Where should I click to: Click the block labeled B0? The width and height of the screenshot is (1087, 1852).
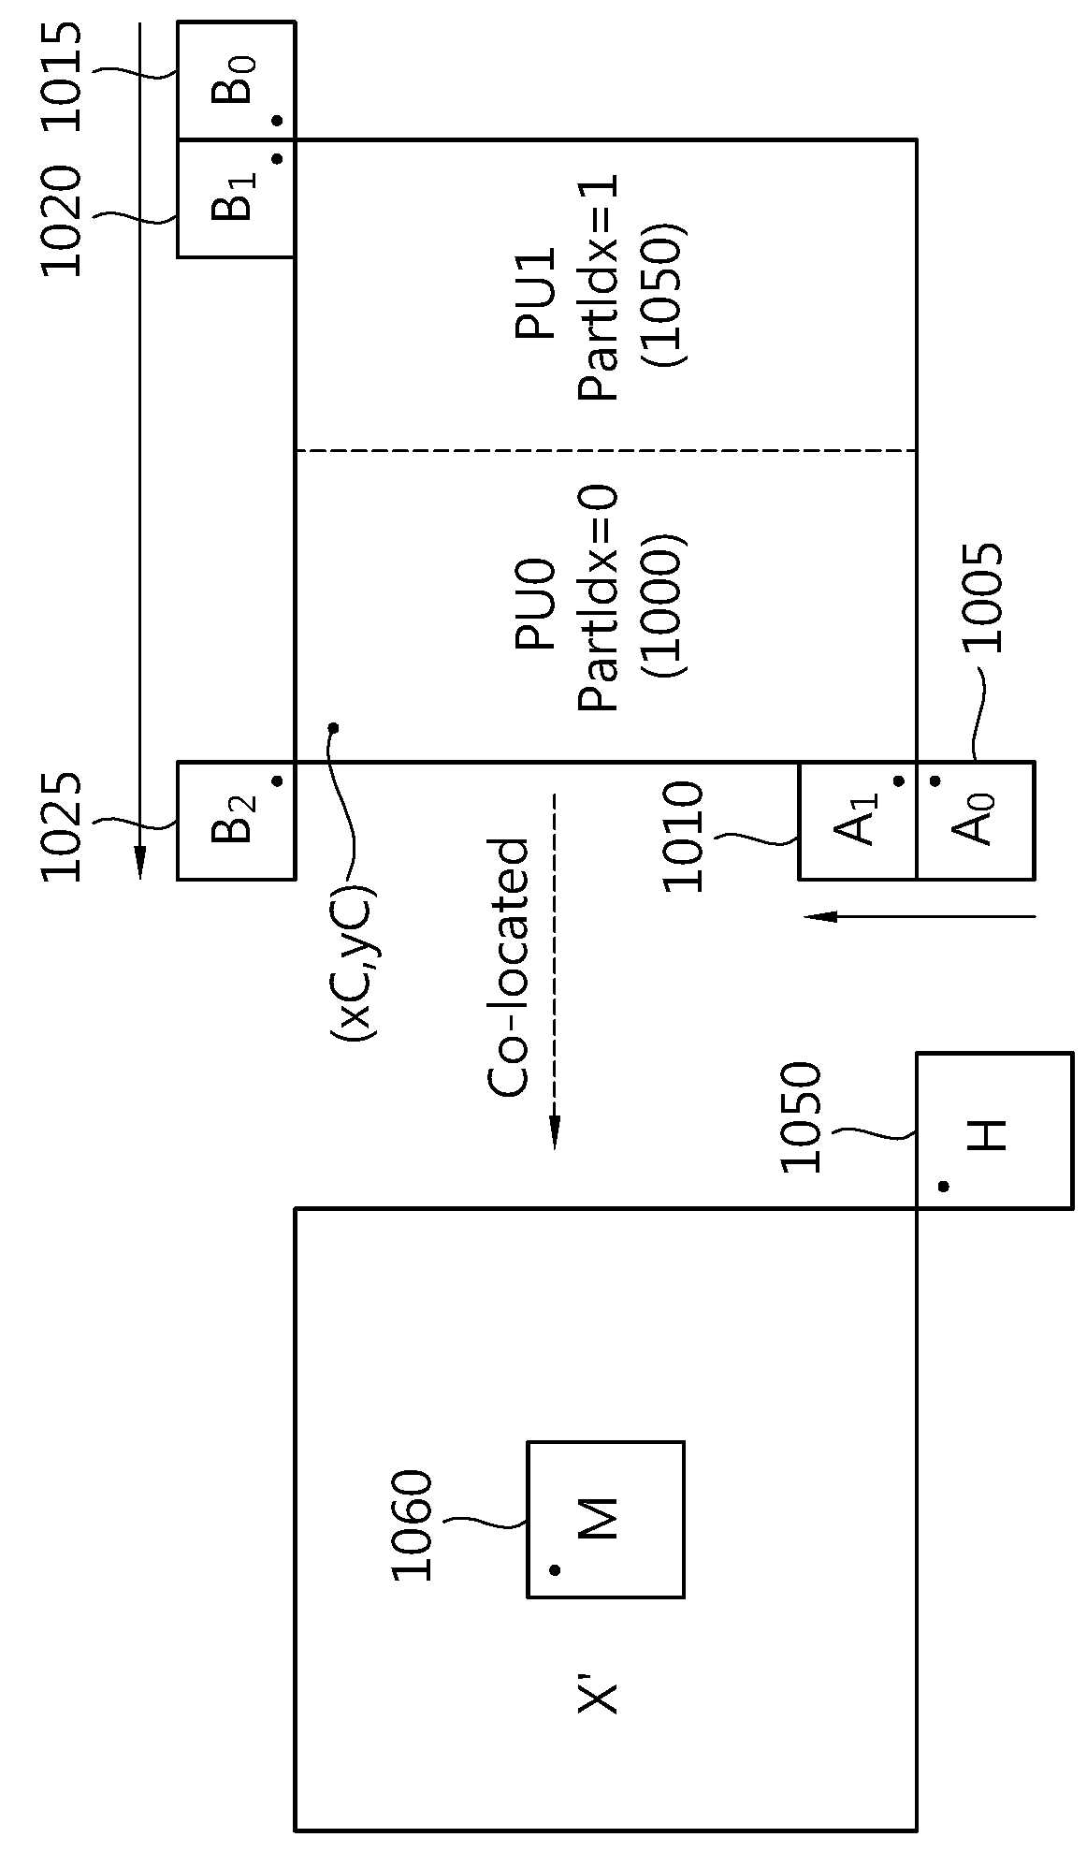click(x=237, y=80)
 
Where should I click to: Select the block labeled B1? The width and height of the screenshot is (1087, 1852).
click(x=237, y=198)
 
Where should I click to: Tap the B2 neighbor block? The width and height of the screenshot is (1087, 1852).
click(x=237, y=821)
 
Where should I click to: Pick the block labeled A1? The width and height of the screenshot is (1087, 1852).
click(x=858, y=821)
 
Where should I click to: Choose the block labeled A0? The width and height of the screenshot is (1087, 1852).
click(x=976, y=821)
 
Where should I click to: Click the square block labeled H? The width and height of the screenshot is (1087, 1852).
click(x=993, y=1130)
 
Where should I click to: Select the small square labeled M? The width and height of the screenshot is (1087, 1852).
click(x=606, y=1519)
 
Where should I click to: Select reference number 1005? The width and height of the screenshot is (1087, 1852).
click(x=982, y=596)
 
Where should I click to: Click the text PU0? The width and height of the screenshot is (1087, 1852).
click(x=536, y=605)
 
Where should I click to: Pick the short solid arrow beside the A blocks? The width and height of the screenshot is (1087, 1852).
click(x=920, y=916)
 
